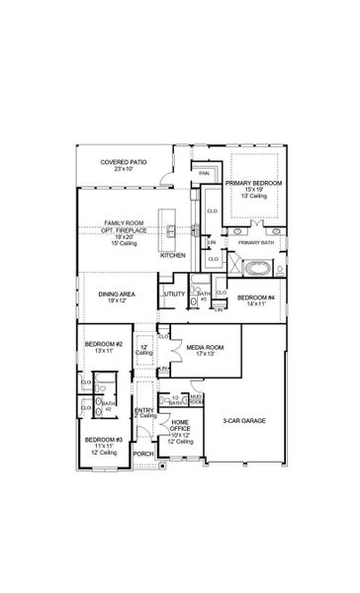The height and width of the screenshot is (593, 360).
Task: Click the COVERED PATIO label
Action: (x=123, y=161)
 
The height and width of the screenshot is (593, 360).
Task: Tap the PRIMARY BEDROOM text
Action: (x=253, y=183)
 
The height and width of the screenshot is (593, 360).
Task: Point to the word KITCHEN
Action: (x=172, y=254)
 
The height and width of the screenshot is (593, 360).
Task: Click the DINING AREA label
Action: (x=117, y=294)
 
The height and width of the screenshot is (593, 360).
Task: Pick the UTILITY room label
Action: (x=173, y=294)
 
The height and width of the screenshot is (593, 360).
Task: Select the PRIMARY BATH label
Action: (x=254, y=242)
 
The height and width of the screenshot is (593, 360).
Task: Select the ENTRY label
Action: (x=143, y=411)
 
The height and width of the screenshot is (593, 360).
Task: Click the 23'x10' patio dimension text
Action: (x=123, y=170)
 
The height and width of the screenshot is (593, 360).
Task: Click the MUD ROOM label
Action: (x=197, y=399)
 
